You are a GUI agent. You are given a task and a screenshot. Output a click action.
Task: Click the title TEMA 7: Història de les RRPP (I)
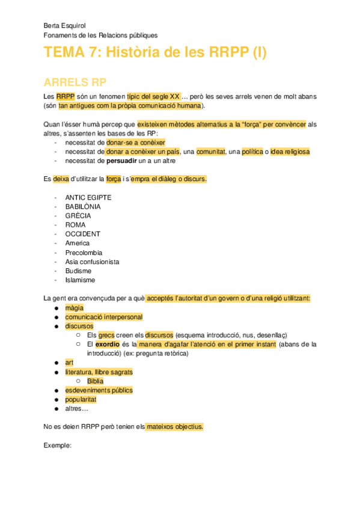(x=154, y=53)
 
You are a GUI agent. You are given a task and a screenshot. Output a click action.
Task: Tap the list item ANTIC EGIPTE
(x=88, y=197)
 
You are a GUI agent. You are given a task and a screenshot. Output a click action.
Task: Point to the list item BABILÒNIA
(x=83, y=206)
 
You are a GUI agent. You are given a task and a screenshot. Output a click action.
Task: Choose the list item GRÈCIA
(x=79, y=215)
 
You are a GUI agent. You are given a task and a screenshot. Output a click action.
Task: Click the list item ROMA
(x=76, y=225)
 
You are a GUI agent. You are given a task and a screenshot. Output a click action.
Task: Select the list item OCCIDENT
(x=83, y=234)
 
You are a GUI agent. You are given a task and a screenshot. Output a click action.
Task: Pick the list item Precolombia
(x=84, y=253)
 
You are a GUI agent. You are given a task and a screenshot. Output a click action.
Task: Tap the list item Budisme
(x=79, y=271)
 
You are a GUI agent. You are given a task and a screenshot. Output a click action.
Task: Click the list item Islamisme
(x=81, y=280)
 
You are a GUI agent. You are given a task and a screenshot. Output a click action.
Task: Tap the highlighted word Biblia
(x=95, y=381)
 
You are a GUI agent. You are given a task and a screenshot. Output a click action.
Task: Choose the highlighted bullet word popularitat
(x=81, y=399)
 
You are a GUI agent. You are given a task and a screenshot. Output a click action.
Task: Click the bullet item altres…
(x=77, y=408)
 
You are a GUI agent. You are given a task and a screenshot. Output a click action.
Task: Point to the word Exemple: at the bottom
(x=58, y=446)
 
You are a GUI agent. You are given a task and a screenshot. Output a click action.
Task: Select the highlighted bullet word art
(x=69, y=363)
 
